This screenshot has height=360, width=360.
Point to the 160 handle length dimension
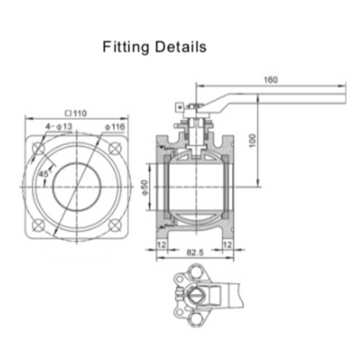[271, 80]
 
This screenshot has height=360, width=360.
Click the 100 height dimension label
[253, 140]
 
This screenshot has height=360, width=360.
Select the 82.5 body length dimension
[194, 253]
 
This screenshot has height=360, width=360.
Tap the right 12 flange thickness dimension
[228, 245]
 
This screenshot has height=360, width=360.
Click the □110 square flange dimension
[74, 113]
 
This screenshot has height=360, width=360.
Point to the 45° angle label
[43, 174]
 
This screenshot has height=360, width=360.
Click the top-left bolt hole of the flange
[38, 148]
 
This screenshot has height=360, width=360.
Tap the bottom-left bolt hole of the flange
[38, 224]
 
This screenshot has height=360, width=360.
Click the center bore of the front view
[76, 186]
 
